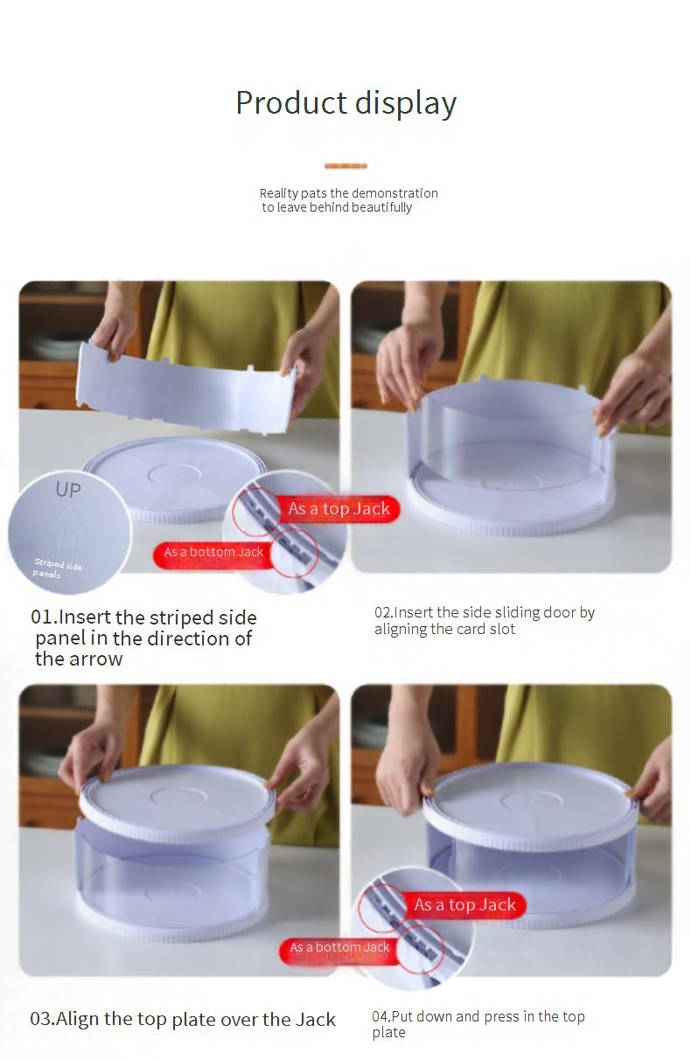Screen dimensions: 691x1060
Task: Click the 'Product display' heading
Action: (346, 103)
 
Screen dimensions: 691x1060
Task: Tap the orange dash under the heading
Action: (345, 165)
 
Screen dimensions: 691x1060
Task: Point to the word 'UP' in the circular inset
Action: (68, 489)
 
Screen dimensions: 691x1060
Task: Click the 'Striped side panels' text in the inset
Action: (57, 568)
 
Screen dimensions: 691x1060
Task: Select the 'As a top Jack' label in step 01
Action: (339, 509)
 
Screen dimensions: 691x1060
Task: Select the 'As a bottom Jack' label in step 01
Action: (213, 552)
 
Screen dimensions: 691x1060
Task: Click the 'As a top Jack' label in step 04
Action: (464, 905)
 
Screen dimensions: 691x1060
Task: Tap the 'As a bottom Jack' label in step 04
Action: (339, 947)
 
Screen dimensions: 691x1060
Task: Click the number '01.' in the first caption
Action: (44, 617)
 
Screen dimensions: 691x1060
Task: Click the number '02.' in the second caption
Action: (384, 612)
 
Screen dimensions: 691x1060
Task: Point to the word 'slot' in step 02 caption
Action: (502, 629)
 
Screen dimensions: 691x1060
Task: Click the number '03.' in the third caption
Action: (43, 1019)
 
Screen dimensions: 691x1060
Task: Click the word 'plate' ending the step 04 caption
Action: (388, 1032)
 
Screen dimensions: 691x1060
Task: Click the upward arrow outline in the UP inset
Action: (68, 530)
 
